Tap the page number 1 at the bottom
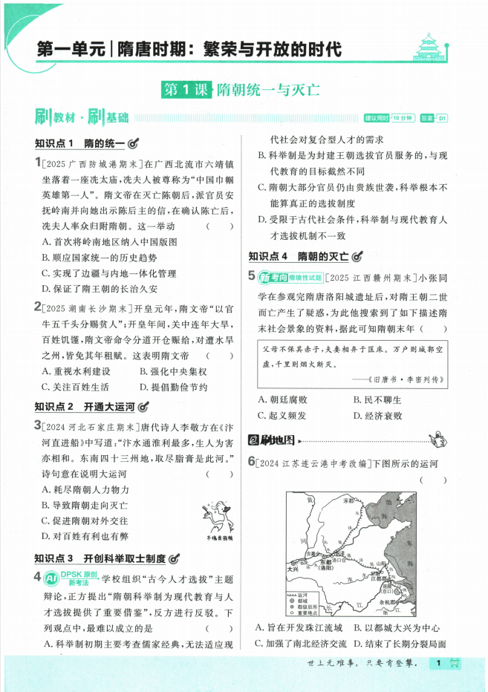(439, 663)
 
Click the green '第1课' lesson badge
(186, 91)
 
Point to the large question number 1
(38, 163)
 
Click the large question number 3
(38, 425)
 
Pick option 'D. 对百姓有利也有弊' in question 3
(85, 536)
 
